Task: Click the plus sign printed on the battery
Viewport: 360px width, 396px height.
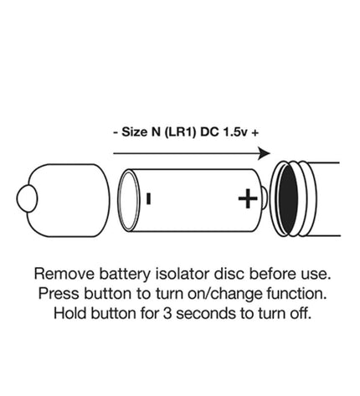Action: (248, 198)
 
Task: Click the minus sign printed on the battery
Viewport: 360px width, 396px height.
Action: (149, 198)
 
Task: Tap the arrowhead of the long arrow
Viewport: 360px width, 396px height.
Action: (264, 153)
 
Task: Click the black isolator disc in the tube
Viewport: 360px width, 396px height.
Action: (288, 199)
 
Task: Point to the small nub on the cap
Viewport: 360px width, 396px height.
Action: (27, 198)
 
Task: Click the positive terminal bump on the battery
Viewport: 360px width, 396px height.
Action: (265, 198)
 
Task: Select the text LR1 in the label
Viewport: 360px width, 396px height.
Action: (179, 132)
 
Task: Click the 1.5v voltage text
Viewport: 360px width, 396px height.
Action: (235, 131)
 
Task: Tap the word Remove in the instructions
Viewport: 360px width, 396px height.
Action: (64, 274)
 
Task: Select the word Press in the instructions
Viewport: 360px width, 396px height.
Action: (59, 294)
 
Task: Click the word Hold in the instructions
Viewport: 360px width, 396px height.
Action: (70, 313)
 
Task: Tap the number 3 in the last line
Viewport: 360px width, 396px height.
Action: (167, 314)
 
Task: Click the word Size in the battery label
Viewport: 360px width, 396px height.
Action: (134, 131)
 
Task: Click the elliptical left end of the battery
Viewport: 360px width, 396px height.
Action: (129, 200)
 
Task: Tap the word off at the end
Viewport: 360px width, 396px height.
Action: (301, 313)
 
